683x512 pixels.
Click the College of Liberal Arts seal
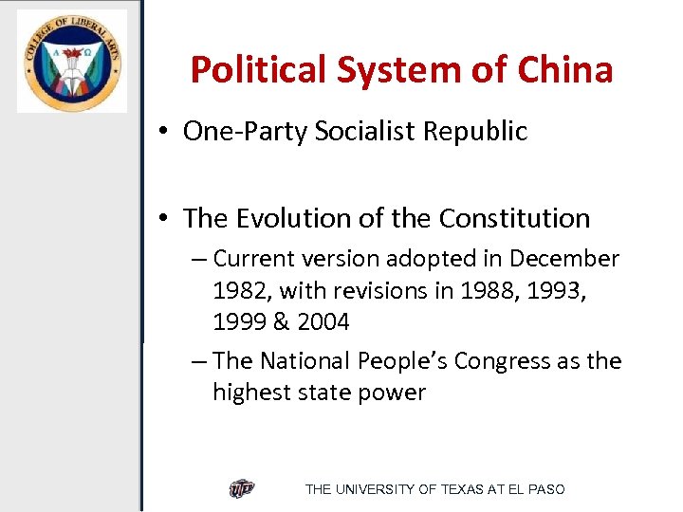[72, 61]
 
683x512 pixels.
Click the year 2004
[323, 322]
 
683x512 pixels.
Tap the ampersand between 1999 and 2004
[281, 322]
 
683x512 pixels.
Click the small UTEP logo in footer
[242, 489]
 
